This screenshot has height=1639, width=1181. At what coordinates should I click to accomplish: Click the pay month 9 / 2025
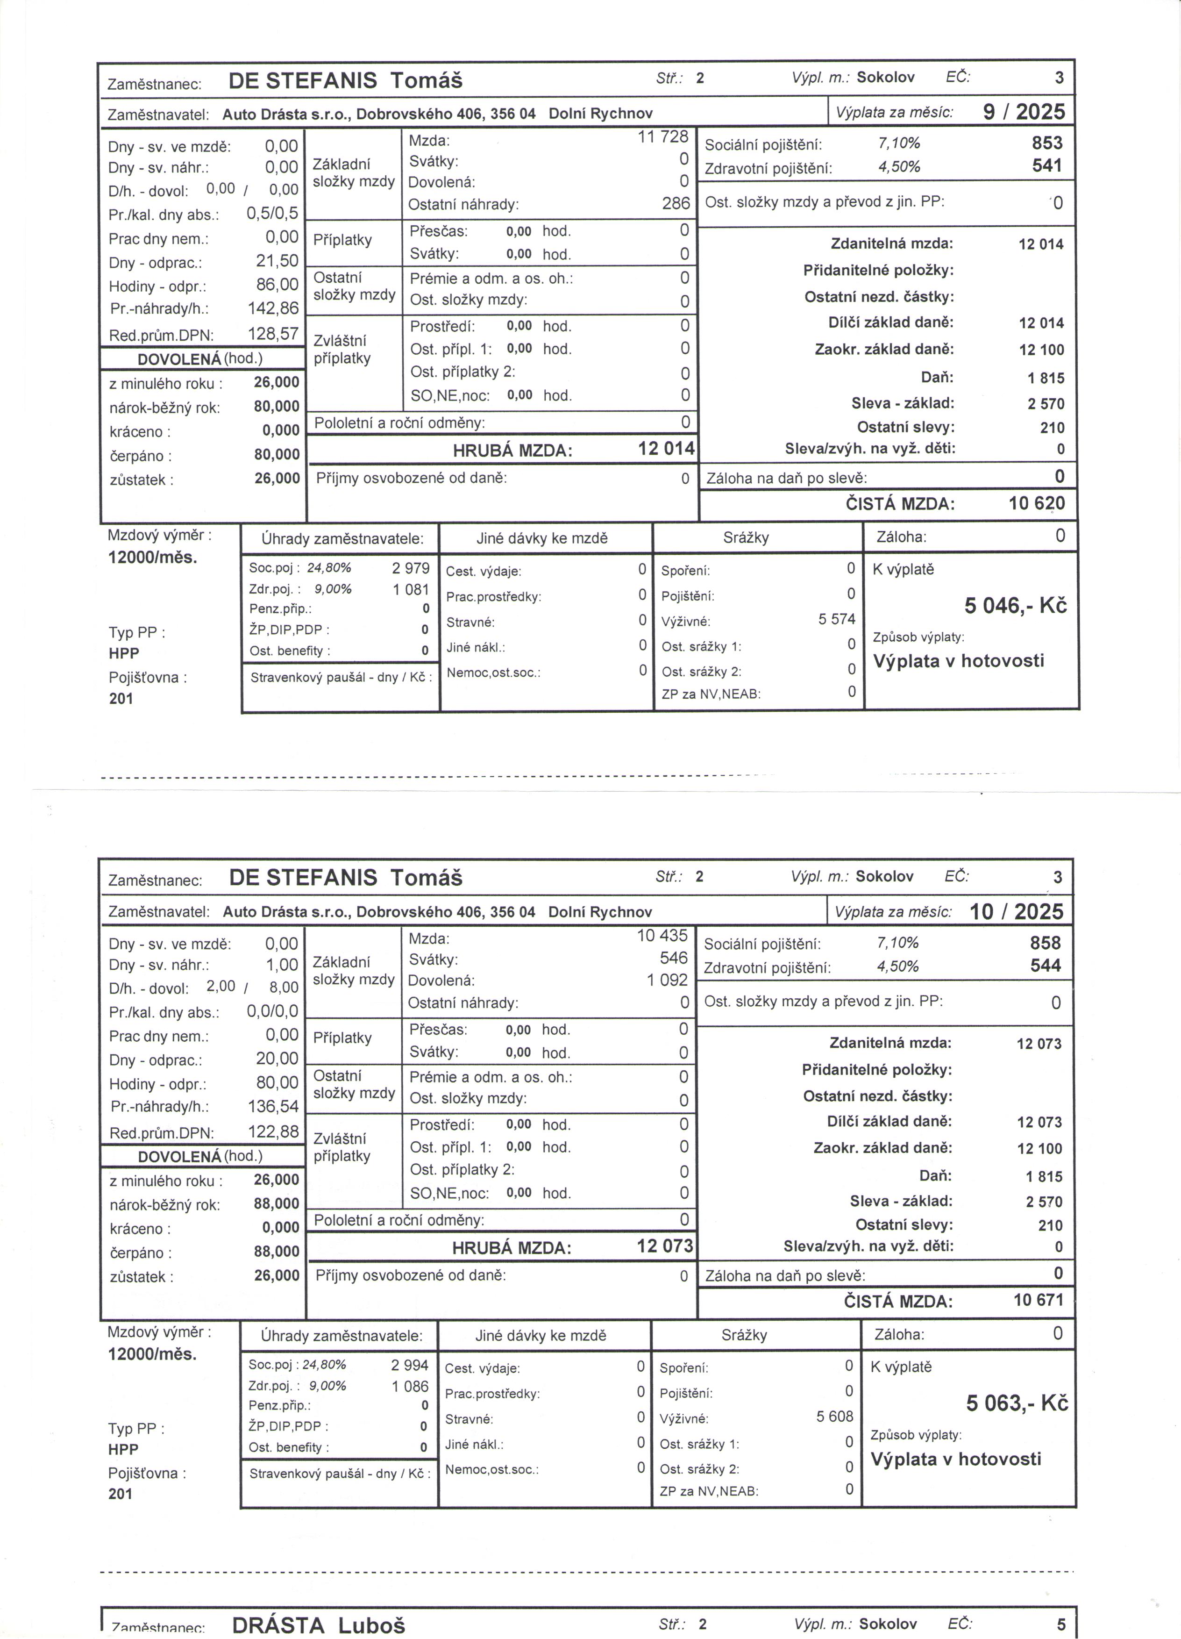coord(1024,112)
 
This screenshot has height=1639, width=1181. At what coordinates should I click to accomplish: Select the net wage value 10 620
coord(1037,504)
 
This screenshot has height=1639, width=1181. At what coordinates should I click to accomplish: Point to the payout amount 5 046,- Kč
coord(1015,606)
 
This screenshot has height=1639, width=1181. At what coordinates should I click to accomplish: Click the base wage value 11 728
coord(662,136)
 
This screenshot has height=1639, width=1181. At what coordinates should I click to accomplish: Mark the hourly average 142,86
coord(273,308)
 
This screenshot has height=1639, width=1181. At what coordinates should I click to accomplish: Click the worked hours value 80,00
coord(277,1082)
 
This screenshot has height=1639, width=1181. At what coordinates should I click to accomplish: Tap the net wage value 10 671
coord(1038,1300)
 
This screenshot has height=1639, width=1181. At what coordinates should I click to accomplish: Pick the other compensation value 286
coord(676,204)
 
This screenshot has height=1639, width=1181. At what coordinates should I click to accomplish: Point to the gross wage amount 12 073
coord(664,1246)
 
